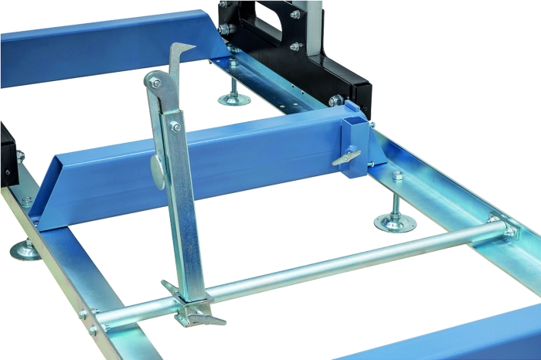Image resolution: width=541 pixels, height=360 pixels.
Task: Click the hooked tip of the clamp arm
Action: pyautogui.click(x=185, y=50)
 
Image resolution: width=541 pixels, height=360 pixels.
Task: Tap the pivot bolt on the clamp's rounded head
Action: pyautogui.click(x=155, y=82)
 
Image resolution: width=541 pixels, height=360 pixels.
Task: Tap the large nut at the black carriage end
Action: pyautogui.click(x=335, y=100)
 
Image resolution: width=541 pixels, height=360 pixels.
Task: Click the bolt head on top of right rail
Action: pyautogui.click(x=397, y=175)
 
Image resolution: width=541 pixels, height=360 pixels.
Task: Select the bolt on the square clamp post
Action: pyautogui.click(x=175, y=126)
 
